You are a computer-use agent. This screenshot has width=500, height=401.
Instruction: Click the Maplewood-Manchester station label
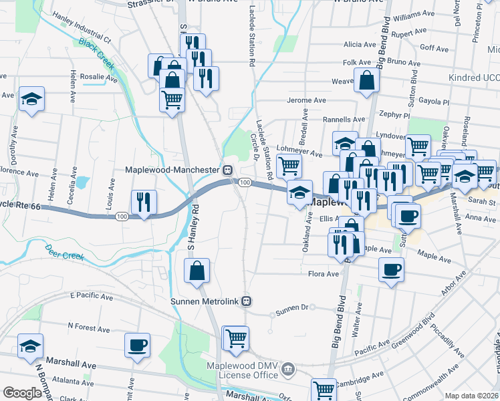coord(173,170)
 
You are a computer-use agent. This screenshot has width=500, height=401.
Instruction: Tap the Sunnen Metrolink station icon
coord(247,301)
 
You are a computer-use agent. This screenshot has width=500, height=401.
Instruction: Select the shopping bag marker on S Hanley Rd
coord(197,271)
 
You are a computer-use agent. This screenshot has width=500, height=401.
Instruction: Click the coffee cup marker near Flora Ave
coord(391,269)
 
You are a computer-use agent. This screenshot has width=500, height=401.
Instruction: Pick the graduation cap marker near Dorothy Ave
coord(31,99)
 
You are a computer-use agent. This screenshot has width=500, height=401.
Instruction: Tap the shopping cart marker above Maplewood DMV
coord(235,338)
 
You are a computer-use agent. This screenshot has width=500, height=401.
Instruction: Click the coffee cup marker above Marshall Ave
coord(137,345)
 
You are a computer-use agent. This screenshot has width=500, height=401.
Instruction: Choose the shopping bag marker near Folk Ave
coord(367,81)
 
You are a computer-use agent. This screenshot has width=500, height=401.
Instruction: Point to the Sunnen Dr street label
coord(291,309)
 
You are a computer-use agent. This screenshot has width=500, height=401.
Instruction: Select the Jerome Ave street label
coord(306,100)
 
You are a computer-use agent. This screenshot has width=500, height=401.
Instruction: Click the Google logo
coord(22,393)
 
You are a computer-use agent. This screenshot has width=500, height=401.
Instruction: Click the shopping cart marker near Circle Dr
coord(289,165)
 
